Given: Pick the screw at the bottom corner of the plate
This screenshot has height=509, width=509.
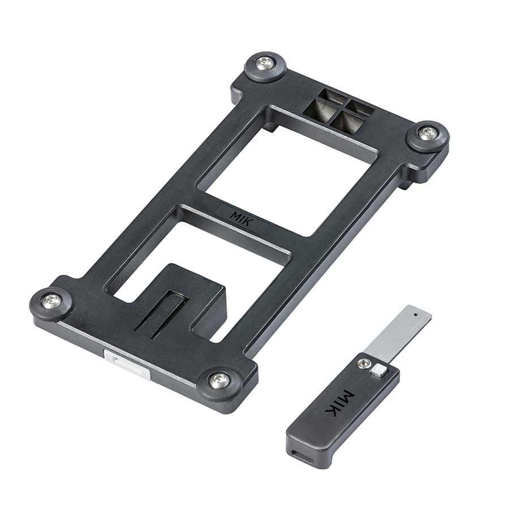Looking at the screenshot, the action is [218, 381].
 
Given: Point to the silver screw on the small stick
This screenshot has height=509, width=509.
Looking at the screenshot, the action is [363, 364].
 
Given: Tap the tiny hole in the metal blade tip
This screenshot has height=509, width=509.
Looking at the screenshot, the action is [416, 314].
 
